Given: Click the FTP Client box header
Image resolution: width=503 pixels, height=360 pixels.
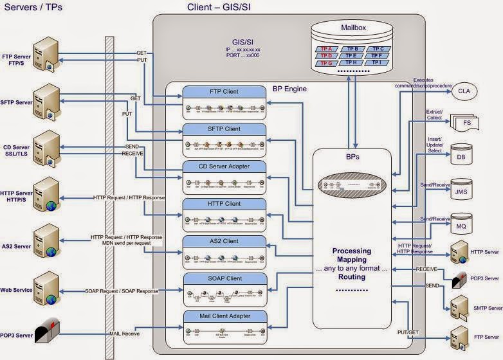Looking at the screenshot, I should coord(224,92).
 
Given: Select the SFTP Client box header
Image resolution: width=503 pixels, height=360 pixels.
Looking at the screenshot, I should coord(224,129).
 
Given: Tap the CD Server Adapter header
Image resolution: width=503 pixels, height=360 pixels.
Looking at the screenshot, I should coord(224,166).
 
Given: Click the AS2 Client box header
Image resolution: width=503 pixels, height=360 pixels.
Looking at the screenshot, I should coord(224,241).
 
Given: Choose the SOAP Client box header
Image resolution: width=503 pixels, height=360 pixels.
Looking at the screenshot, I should coord(224,278).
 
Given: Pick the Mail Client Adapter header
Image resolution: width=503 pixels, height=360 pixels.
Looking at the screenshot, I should coord(224,316).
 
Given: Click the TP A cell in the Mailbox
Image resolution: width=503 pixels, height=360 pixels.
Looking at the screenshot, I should coord(326,49).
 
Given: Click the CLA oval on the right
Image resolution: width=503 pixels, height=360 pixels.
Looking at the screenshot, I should coord(464,91).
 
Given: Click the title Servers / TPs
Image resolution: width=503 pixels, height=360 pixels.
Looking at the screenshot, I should coord(30,8).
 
